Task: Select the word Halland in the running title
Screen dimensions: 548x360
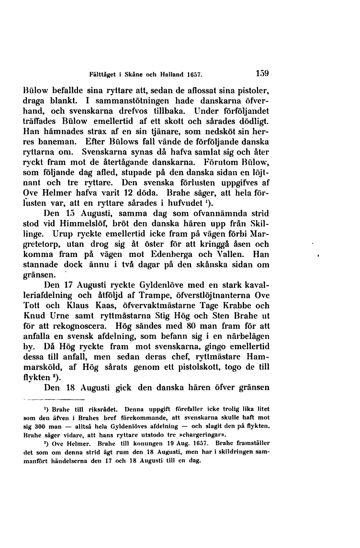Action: pos(172,75)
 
